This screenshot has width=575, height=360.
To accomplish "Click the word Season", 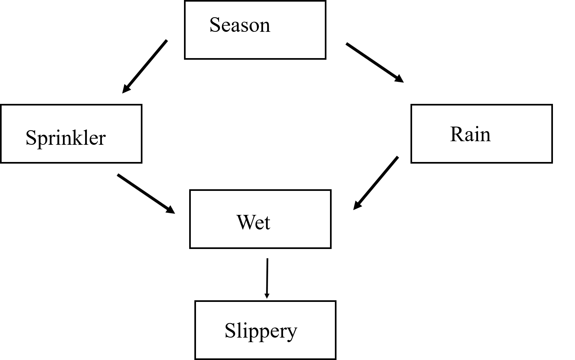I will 240,25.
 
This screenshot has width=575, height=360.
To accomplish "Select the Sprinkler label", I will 66,138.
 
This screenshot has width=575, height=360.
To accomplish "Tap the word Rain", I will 470,134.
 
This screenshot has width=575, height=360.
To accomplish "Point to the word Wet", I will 253,222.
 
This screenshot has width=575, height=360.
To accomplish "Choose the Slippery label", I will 261,331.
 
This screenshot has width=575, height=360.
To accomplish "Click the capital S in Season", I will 215,25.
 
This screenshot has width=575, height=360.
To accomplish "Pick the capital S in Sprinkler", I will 31,138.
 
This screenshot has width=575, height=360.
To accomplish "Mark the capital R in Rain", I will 457,134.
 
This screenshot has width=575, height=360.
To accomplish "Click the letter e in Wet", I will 260,224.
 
